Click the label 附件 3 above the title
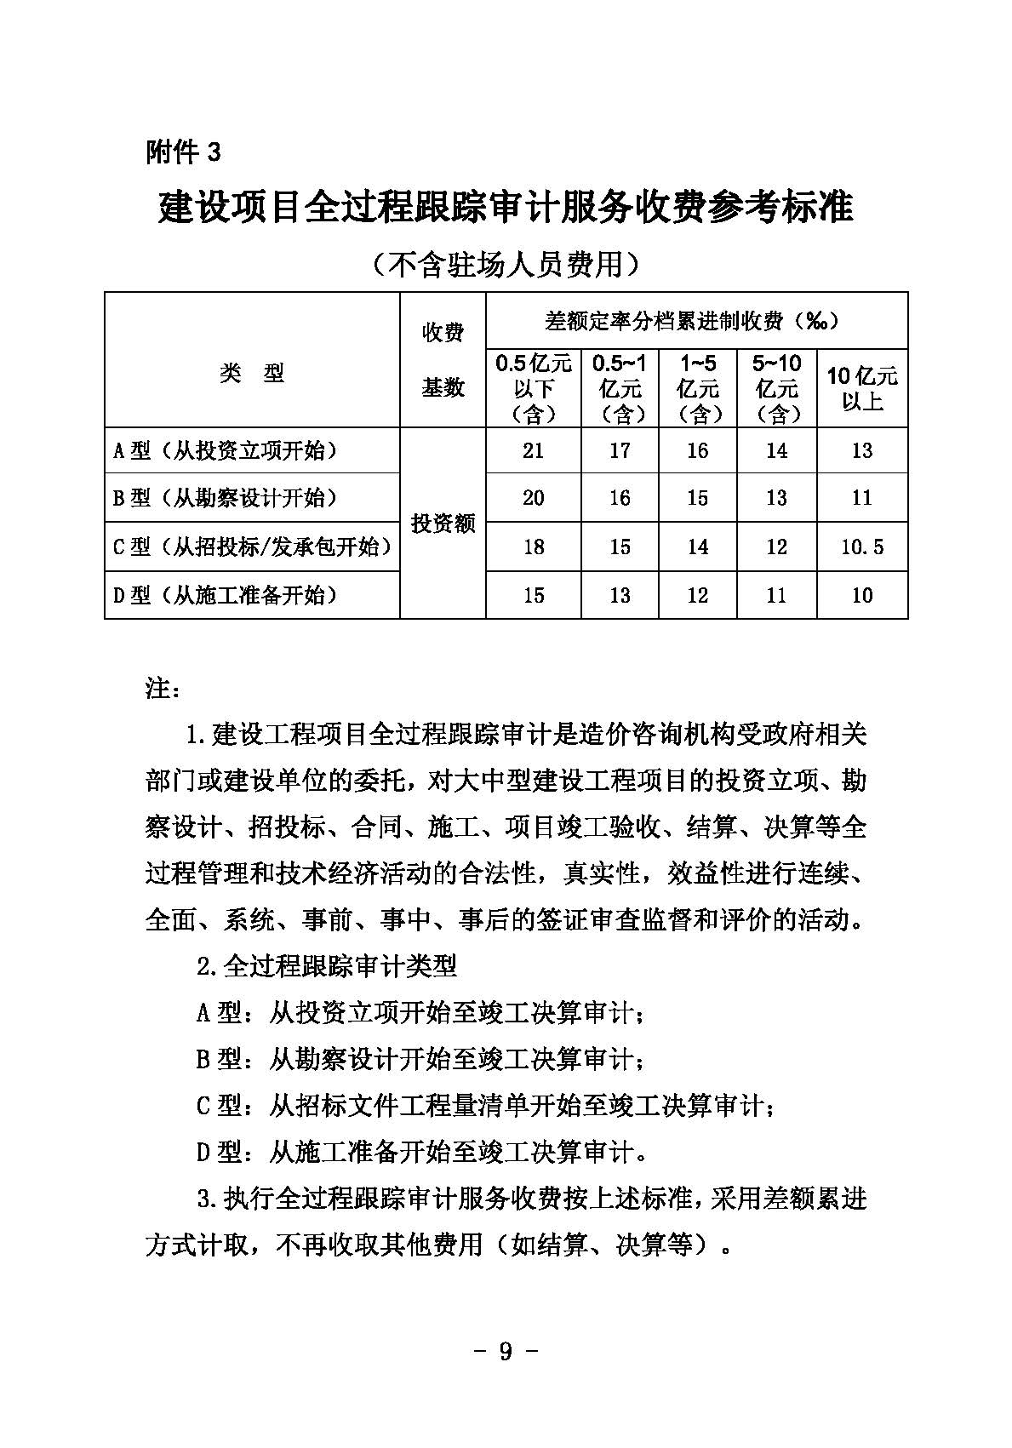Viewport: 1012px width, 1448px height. point(183,152)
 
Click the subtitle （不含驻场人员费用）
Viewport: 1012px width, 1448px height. point(506,265)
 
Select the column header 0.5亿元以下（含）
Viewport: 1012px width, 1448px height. point(533,388)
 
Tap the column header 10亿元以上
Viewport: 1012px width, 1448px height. point(862,388)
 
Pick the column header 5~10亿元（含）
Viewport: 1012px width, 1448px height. point(776,388)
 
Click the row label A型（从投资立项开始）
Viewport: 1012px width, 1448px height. point(226,450)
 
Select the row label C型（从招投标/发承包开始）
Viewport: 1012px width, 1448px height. point(253,547)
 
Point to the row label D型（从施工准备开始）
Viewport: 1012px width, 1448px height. point(226,595)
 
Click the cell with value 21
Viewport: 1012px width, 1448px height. point(533,450)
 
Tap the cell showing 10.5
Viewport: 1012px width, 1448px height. point(862,547)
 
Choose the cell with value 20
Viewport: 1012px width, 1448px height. point(533,498)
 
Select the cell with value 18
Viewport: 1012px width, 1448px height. point(533,547)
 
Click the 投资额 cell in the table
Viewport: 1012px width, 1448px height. point(443,524)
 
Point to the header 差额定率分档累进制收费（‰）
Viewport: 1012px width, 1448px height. point(696,321)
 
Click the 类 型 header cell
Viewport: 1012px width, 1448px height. point(252,373)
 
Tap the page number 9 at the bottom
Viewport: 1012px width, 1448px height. point(506,1351)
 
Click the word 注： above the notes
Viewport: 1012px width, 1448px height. point(163,688)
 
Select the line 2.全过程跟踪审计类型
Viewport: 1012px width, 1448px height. point(327,966)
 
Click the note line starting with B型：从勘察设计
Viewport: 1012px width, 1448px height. point(420,1060)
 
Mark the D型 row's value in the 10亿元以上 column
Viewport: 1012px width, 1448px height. point(862,595)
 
